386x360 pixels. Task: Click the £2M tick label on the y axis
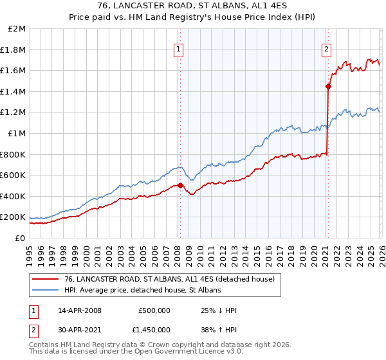(x=17, y=29)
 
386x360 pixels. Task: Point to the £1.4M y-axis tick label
(x=14, y=91)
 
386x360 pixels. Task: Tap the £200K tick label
(x=14, y=217)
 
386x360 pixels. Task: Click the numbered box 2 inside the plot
(x=327, y=48)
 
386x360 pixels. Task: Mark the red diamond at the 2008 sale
(x=180, y=186)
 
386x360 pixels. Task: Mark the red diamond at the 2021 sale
(x=328, y=85)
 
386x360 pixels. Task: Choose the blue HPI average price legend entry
(x=142, y=290)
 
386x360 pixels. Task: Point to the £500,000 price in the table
(x=154, y=310)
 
